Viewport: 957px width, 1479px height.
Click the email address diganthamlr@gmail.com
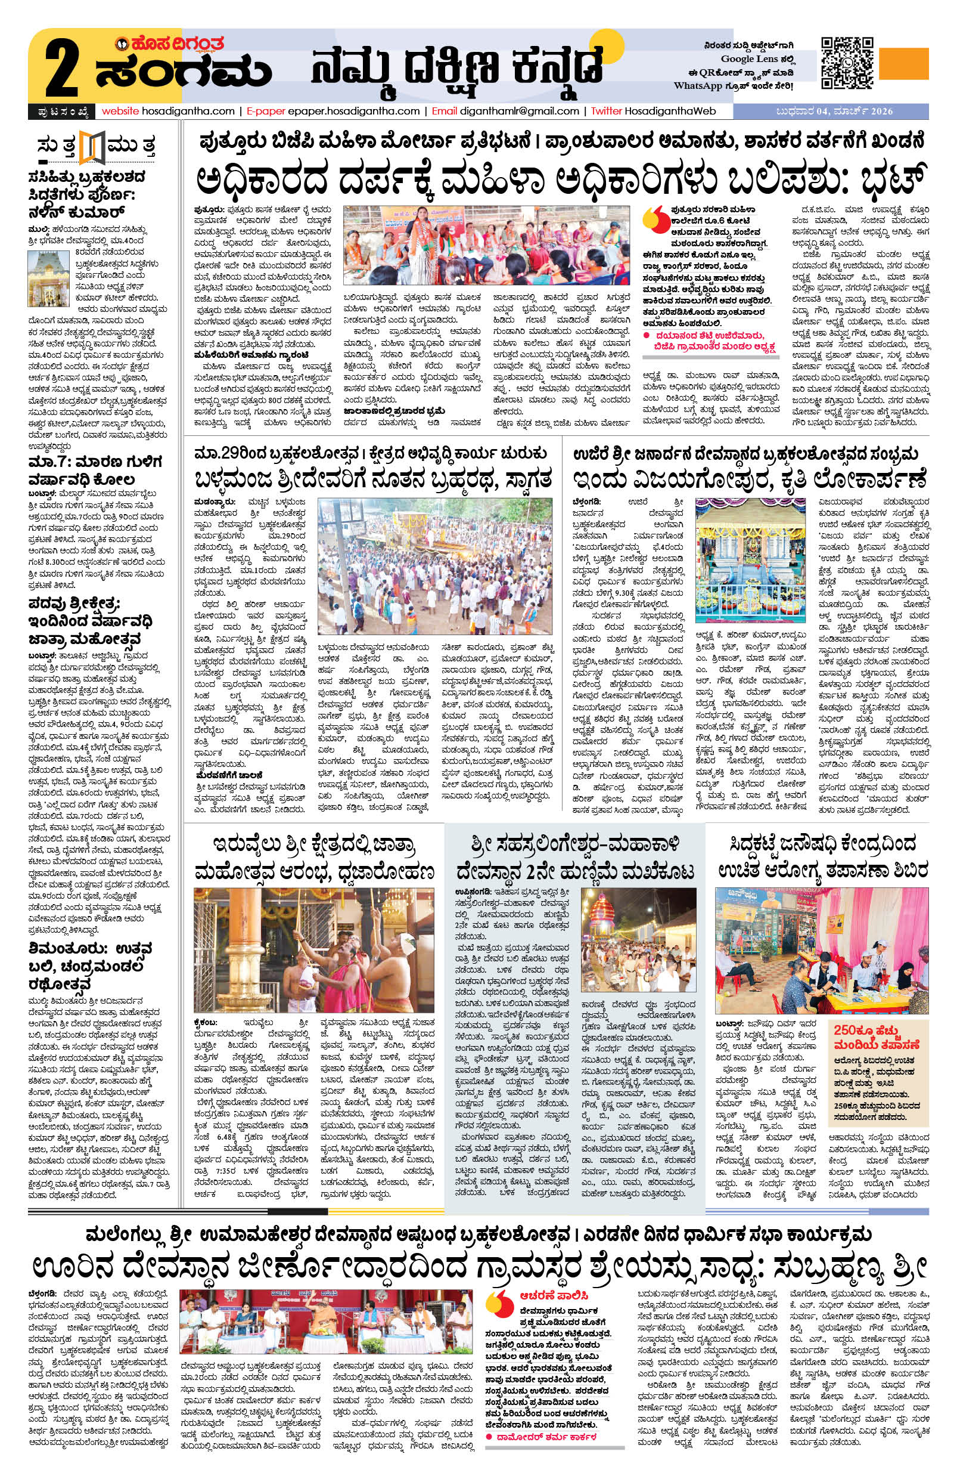(519, 112)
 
